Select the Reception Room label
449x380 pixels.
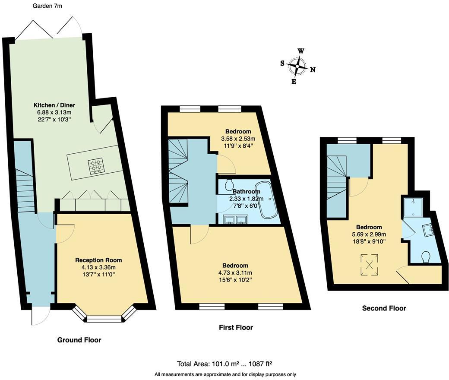pyautogui.click(x=98, y=260)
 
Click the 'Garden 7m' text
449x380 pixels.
pyautogui.click(x=47, y=6)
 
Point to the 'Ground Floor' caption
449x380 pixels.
pyautogui.click(x=79, y=340)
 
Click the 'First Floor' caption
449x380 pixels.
pyautogui.click(x=236, y=327)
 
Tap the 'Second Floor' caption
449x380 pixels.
pyautogui.click(x=384, y=308)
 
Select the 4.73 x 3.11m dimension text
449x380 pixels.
pyautogui.click(x=235, y=272)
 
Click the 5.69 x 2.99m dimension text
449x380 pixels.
pyautogui.click(x=369, y=234)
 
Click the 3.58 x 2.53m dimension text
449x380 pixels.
pyautogui.click(x=238, y=139)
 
